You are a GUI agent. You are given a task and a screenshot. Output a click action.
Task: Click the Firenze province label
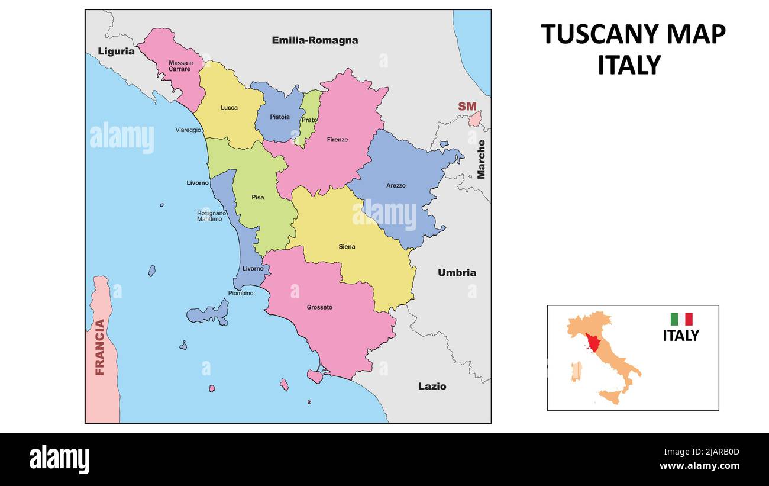coord(337,140)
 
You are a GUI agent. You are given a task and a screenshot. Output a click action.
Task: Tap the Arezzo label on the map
coord(396,185)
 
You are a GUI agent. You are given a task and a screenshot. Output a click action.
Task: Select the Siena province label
coord(347,246)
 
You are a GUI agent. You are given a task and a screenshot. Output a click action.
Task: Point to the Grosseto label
coord(319,307)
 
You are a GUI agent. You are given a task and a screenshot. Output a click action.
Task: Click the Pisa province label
coord(258,197)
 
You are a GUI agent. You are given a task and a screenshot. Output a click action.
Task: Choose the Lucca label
coord(229,108)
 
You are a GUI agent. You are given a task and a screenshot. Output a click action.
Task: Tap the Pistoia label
coord(280,117)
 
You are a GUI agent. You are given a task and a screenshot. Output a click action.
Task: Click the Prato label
coord(309,120)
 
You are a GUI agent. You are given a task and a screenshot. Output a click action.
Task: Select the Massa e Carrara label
coord(180,66)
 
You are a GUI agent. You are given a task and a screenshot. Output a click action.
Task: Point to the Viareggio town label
coord(188,130)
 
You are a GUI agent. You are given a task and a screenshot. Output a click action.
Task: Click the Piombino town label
coord(241,293)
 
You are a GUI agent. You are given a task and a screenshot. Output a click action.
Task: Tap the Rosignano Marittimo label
coord(209,216)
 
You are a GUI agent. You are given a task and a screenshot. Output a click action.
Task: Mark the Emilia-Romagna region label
coord(315,40)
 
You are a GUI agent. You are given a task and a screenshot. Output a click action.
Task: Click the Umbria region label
coord(457,273)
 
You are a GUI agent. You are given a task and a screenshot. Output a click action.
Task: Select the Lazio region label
coord(432,386)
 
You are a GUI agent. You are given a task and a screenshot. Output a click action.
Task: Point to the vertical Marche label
coord(481,159)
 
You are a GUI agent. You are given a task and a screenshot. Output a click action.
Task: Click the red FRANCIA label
coord(100,347)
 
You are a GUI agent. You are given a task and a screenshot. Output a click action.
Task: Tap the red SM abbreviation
coord(467,107)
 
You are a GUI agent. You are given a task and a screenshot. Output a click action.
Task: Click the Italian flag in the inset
coord(681,319)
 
